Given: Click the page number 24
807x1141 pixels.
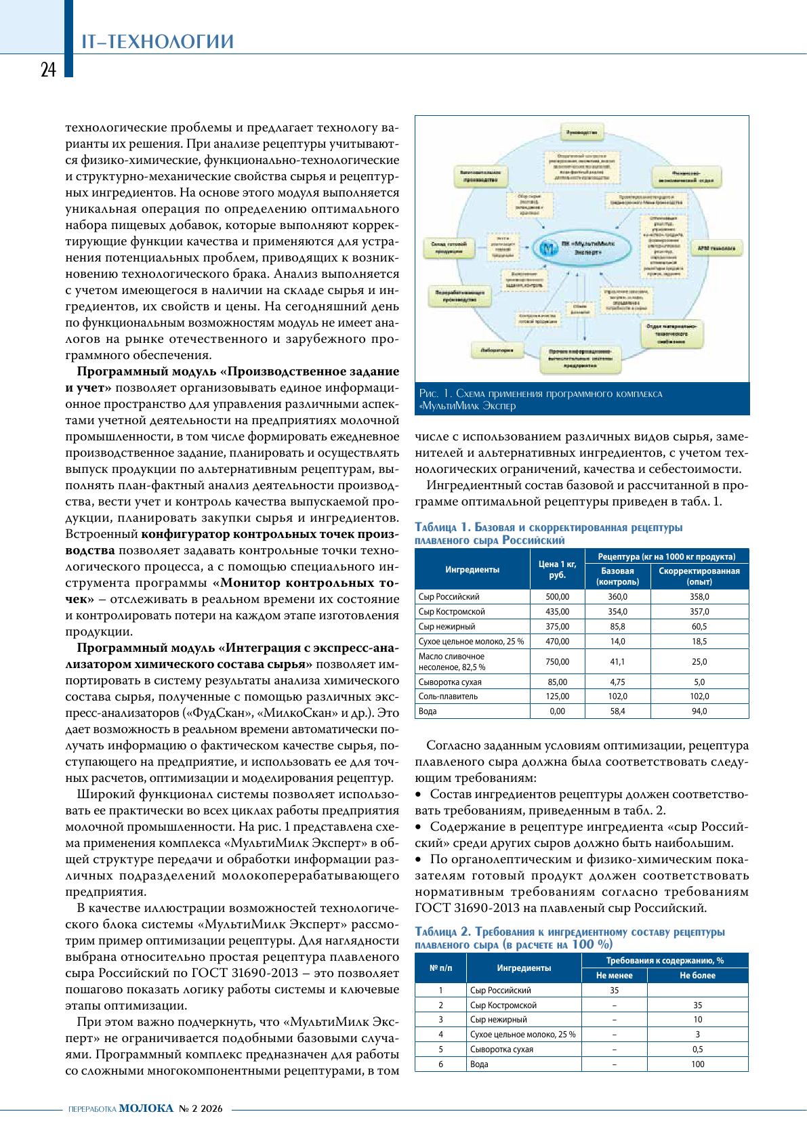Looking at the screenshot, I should point(48,70).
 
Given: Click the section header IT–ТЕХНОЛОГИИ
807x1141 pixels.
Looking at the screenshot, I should point(157,41).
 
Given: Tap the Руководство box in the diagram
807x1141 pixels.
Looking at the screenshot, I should point(581,132).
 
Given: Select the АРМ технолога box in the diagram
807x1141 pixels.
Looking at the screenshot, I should point(716,249).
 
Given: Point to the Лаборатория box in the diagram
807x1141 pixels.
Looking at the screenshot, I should point(497,350).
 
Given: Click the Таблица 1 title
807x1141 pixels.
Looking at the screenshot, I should point(548,533).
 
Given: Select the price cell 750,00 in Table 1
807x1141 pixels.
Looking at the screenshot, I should point(557,661).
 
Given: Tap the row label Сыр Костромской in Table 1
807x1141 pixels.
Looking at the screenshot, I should point(452,612).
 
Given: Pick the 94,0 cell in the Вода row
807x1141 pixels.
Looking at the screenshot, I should point(699,711).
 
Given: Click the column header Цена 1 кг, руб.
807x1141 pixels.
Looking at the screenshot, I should point(557,569).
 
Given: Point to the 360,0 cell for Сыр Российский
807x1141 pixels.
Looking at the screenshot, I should point(617,597).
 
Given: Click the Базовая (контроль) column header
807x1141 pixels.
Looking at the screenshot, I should point(617,576).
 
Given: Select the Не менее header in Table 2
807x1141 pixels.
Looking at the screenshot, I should point(614,976).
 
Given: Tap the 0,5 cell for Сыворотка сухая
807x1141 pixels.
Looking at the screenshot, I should point(697,1050).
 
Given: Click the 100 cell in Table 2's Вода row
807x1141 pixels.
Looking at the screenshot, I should point(697,1064).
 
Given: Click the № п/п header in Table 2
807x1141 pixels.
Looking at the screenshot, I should point(440,968).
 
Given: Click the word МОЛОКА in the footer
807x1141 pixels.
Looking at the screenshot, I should point(146,1108).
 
